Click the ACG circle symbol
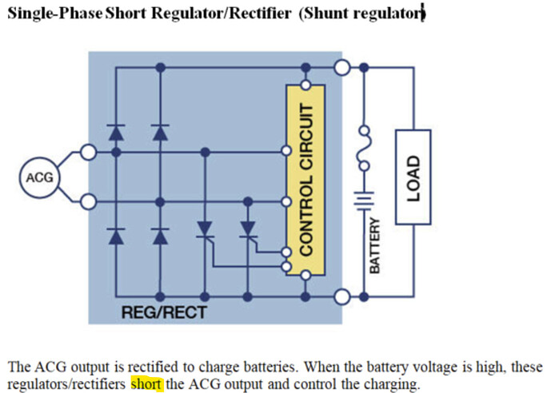(39, 176)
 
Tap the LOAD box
(413, 173)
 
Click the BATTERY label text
(374, 244)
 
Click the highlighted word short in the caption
(146, 385)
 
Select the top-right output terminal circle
(342, 68)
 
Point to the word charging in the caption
(392, 385)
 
